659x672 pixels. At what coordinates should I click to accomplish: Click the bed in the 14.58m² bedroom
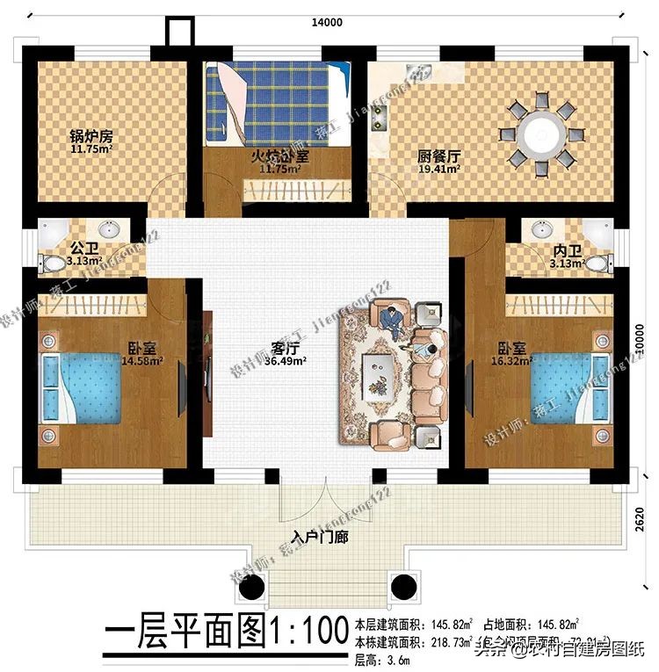point(82,388)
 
